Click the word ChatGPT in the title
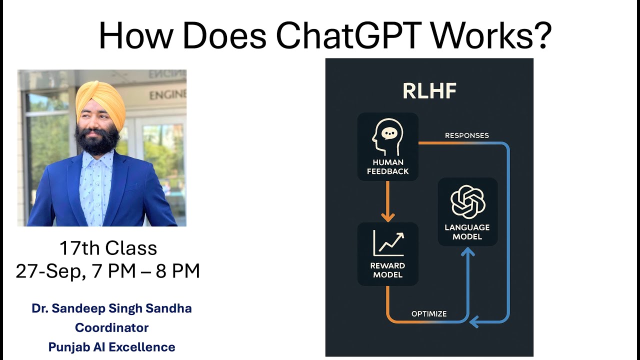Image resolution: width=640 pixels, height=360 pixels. (x=348, y=35)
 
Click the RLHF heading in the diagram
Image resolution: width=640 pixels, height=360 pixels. (x=429, y=91)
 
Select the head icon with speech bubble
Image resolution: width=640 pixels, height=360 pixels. (x=387, y=137)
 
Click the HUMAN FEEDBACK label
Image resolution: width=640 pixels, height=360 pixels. (x=387, y=167)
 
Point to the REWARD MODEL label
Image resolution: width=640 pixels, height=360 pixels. (x=387, y=270)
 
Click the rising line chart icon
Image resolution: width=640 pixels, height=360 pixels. (x=388, y=243)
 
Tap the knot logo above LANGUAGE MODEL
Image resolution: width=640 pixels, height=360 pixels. (x=467, y=201)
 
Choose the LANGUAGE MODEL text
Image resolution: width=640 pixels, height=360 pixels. (x=467, y=232)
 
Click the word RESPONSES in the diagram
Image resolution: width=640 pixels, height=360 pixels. (x=467, y=135)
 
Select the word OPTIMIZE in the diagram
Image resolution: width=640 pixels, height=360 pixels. (x=429, y=314)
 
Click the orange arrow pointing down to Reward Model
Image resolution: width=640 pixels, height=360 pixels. (x=387, y=201)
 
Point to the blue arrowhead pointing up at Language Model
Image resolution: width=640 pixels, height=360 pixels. (x=467, y=251)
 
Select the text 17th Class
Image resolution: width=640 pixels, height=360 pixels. (x=108, y=248)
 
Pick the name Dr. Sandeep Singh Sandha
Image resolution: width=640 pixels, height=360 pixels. (x=111, y=308)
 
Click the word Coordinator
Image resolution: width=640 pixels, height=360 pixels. (x=111, y=327)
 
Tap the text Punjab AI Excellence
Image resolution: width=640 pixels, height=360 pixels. (x=111, y=347)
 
